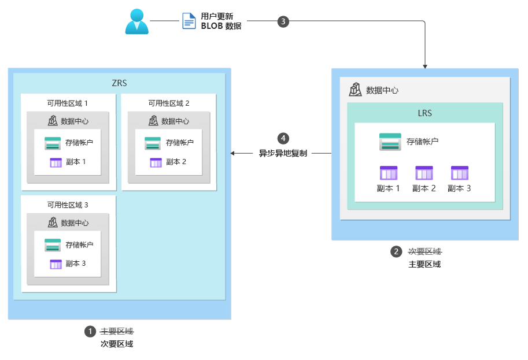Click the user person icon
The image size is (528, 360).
click(x=137, y=21)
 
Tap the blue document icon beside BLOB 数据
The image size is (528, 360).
click(x=189, y=21)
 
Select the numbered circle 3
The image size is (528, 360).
click(x=283, y=21)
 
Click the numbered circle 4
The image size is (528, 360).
click(x=283, y=138)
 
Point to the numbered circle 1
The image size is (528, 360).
click(x=90, y=332)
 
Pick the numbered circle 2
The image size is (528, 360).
click(x=396, y=251)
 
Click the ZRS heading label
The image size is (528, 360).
click(x=119, y=83)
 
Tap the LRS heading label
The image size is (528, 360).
click(x=424, y=113)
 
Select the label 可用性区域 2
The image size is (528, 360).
click(x=169, y=103)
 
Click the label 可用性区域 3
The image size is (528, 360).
click(x=68, y=205)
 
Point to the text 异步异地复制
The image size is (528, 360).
click(x=283, y=154)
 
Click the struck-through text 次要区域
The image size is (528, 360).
click(x=424, y=251)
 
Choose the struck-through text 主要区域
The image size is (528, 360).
click(x=117, y=332)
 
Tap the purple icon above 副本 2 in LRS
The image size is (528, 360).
click(x=424, y=173)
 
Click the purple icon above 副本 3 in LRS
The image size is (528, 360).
click(x=460, y=173)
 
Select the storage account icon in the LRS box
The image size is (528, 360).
click(x=390, y=142)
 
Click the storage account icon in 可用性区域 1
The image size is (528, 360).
click(x=53, y=143)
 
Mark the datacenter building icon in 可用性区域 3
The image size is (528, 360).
click(x=53, y=222)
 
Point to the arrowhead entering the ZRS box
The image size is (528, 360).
click(x=233, y=154)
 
